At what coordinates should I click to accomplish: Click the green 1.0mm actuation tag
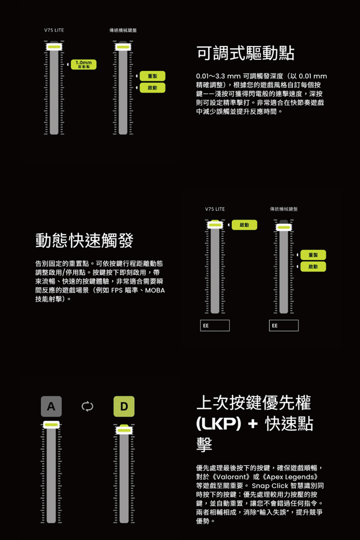pyautogui.click(x=84, y=65)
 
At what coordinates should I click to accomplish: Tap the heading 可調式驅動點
pyautogui.click(x=245, y=53)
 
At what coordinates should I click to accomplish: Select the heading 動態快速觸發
pyautogui.click(x=84, y=240)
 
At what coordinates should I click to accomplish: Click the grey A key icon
pyautogui.click(x=51, y=406)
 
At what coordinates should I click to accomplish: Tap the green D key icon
pyautogui.click(x=124, y=406)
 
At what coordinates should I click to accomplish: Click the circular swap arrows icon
pyautogui.click(x=87, y=406)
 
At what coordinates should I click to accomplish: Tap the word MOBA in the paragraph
pyautogui.click(x=155, y=290)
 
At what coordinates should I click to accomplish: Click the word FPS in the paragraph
pyautogui.click(x=117, y=290)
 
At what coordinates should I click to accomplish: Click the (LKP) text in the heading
pyautogui.click(x=219, y=423)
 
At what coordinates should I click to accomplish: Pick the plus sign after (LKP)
pyautogui.click(x=253, y=424)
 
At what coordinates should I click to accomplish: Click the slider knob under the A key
pyautogui.click(x=51, y=424)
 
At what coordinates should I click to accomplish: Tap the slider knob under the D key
pyautogui.click(x=124, y=430)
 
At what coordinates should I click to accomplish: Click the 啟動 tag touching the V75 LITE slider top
pyautogui.click(x=244, y=225)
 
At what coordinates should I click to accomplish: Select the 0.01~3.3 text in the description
pyautogui.click(x=211, y=76)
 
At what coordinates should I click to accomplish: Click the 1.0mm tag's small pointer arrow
pyautogui.click(x=68, y=65)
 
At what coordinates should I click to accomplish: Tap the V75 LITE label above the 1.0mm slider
pyautogui.click(x=54, y=30)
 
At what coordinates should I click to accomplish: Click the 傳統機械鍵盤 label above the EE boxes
pyautogui.click(x=284, y=209)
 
